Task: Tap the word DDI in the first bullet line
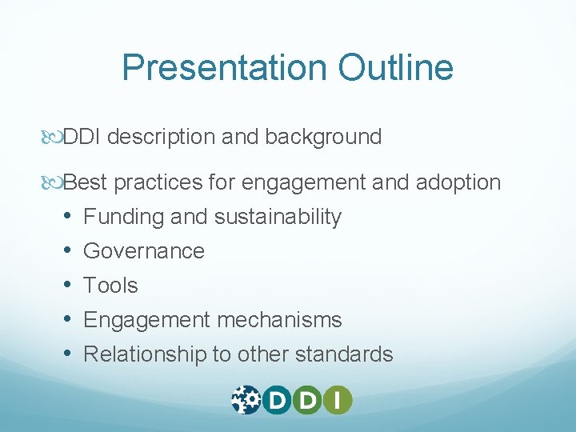click(82, 137)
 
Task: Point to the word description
click(160, 137)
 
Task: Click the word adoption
click(458, 182)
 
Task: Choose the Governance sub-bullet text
click(144, 251)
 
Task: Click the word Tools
click(110, 286)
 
